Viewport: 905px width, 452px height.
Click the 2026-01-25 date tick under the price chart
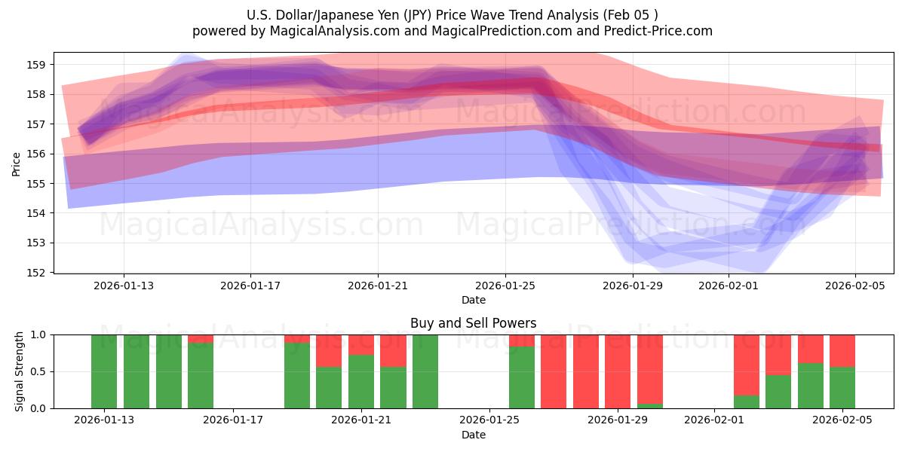click(x=505, y=286)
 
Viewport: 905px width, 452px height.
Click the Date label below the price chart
click(x=474, y=301)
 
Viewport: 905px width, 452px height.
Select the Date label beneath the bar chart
click(x=474, y=435)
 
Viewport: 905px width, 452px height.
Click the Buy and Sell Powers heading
click(x=474, y=323)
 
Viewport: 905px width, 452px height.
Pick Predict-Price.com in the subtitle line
click(x=658, y=31)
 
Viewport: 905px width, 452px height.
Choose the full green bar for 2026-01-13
click(x=104, y=371)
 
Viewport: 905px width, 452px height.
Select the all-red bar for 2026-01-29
click(x=618, y=371)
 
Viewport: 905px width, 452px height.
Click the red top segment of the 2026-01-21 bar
click(x=361, y=344)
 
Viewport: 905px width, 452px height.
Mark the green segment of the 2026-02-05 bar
click(x=842, y=387)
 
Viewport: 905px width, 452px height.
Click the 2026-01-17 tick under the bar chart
click(x=234, y=420)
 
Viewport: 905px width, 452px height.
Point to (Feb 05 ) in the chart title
click(x=633, y=15)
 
